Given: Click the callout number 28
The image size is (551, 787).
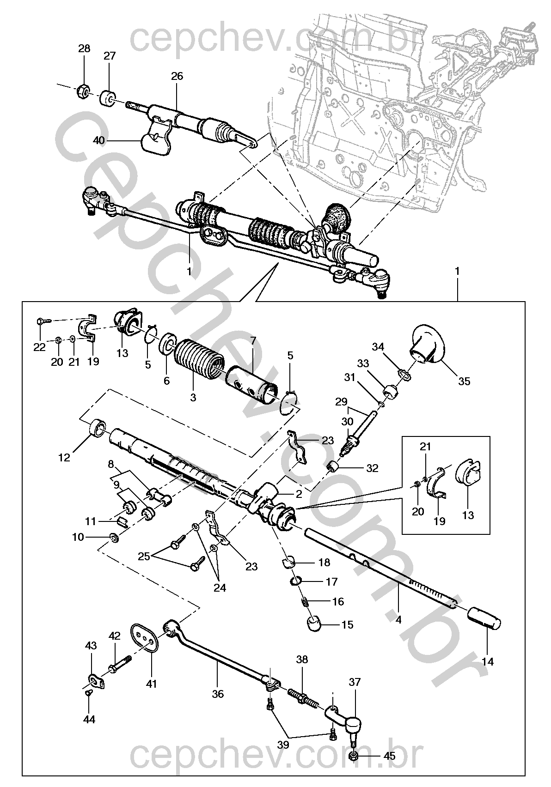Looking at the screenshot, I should (x=84, y=49).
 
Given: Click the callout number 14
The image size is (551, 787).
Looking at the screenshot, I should (x=487, y=661).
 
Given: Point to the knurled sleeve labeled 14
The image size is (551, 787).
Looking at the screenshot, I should (x=484, y=618).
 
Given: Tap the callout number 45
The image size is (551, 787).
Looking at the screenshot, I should (x=390, y=756).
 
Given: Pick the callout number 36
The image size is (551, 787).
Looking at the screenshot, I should (x=218, y=694).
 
